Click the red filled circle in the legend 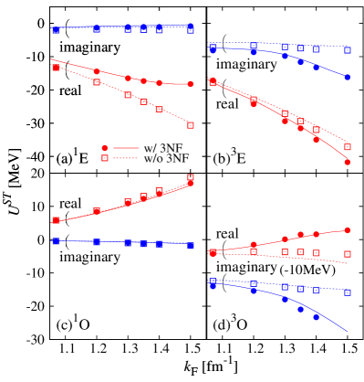click(x=105, y=148)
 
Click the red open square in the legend click(x=105, y=158)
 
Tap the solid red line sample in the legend click(x=126, y=148)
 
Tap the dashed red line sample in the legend click(x=126, y=158)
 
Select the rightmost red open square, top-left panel click(x=191, y=125)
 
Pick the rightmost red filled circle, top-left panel click(x=191, y=84)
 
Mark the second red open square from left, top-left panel click(x=97, y=82)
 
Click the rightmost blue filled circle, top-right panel click(x=348, y=78)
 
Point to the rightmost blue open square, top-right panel click(x=348, y=50)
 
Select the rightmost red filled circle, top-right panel click(x=348, y=162)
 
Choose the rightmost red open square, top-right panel click(x=348, y=147)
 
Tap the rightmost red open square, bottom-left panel click(x=191, y=177)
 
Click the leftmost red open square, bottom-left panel click(x=56, y=220)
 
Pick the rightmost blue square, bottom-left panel click(x=191, y=246)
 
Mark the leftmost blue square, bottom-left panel click(x=56, y=240)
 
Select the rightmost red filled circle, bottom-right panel click(x=348, y=230)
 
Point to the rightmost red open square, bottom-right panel click(x=348, y=254)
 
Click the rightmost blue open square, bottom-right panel click(x=348, y=292)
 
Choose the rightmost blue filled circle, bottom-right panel click(x=317, y=316)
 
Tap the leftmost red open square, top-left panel click(x=56, y=68)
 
